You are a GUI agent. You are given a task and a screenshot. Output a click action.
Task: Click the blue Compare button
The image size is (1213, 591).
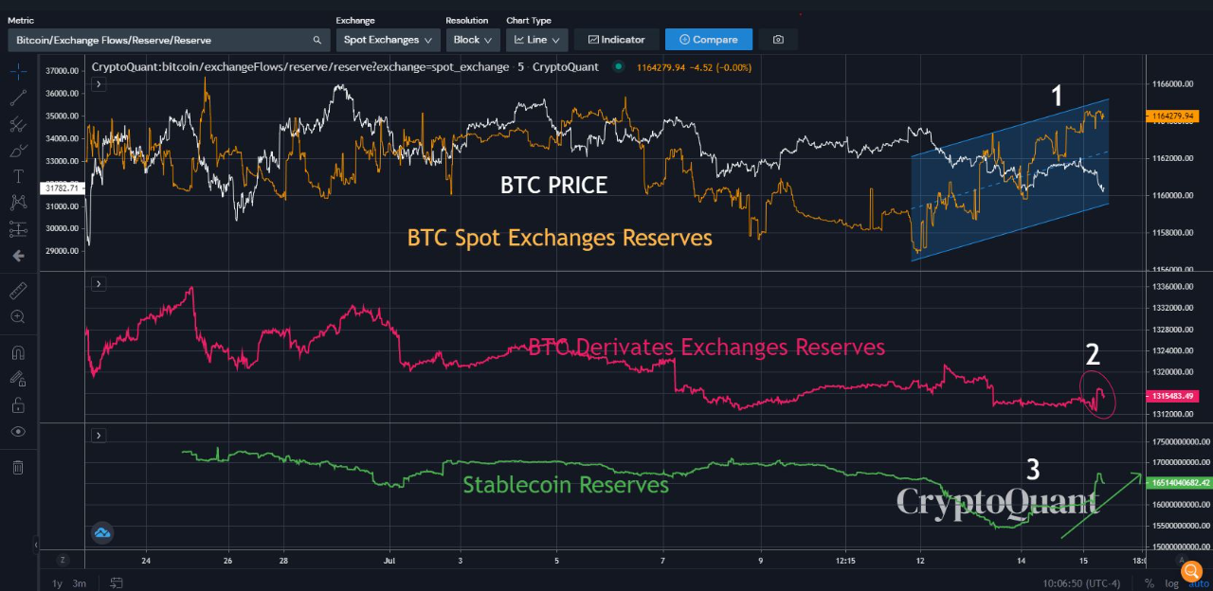coord(708,40)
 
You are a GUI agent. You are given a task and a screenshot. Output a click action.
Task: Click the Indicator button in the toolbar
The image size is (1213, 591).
coord(616,40)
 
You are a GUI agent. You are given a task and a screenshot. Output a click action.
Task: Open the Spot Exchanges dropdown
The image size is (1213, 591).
coord(389,40)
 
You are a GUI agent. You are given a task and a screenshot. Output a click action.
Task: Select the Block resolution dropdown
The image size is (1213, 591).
coord(473,40)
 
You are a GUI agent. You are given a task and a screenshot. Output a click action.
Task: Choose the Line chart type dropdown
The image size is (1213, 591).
coord(536,40)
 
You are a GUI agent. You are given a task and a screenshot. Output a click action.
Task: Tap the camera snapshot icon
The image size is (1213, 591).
coord(778,40)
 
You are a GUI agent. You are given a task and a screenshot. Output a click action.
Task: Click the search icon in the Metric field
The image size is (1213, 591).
coord(317,40)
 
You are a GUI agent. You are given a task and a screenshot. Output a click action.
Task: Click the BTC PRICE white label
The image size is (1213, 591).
coord(553,186)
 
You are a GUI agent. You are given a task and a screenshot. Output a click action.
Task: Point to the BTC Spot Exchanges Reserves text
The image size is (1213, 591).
coord(559,238)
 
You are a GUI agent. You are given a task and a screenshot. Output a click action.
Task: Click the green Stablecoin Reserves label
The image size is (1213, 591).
coord(566,485)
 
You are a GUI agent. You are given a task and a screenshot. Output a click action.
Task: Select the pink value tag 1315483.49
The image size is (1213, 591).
coord(1176,395)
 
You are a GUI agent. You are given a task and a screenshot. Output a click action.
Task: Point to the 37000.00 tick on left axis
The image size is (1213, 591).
coord(61,71)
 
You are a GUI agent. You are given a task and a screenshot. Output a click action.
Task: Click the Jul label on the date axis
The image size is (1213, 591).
coord(389,561)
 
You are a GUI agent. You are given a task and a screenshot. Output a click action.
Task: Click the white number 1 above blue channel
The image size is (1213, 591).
coord(1057,95)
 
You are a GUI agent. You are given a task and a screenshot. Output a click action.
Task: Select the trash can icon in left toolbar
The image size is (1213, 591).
coord(18,467)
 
